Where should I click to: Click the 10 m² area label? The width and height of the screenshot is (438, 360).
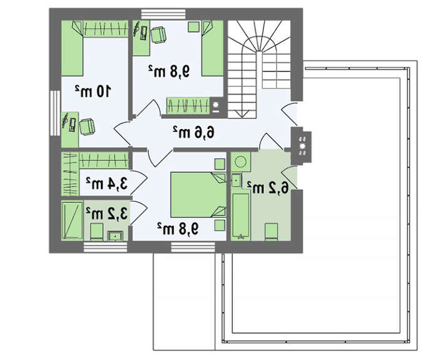(x=93, y=91)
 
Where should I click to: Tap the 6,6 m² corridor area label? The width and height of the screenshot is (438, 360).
(x=193, y=132)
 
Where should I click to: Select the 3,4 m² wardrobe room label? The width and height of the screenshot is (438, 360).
(x=106, y=183)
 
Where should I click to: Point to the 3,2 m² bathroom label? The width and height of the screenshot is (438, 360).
(x=106, y=213)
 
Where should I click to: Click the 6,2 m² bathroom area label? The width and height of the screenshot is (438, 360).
(x=268, y=188)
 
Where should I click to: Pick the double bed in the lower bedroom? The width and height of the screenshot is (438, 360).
(x=198, y=195)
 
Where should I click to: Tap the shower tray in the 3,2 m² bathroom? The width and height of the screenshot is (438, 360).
(x=72, y=220)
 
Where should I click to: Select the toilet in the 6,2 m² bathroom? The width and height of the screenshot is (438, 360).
(x=271, y=232)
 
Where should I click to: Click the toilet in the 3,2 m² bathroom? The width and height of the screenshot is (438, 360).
(x=96, y=232)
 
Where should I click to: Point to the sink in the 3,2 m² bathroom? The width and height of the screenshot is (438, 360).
(x=115, y=235)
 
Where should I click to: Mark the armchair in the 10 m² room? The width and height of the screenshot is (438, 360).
(x=87, y=127)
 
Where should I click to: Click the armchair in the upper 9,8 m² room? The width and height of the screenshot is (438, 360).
(x=158, y=34)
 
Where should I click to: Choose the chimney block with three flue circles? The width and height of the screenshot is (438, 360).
(x=301, y=146)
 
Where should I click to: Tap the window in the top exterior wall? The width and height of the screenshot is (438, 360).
(x=163, y=14)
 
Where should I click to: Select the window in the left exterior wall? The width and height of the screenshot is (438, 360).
(x=55, y=113)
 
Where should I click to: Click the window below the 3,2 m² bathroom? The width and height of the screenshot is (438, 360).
(x=105, y=248)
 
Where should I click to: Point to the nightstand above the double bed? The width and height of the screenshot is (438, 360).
(x=220, y=164)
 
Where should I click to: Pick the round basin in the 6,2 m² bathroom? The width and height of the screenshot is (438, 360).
(x=240, y=162)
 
